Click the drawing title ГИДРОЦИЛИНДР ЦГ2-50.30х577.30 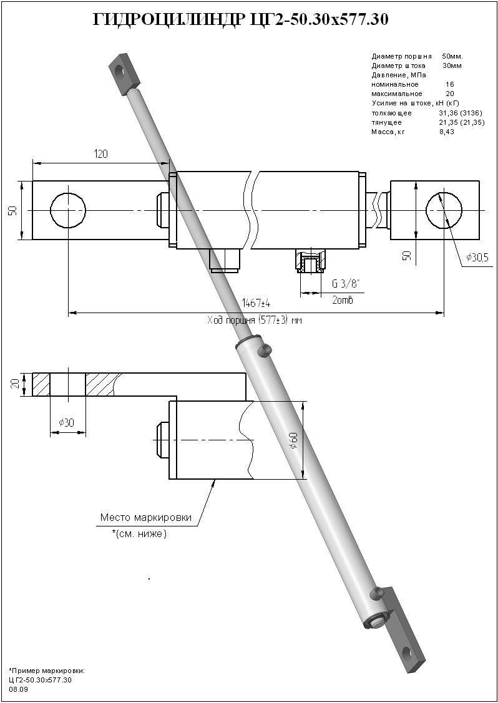point(241,20)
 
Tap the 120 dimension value point(99,153)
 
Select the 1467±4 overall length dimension point(256,303)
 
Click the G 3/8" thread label point(346,284)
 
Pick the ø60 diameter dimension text point(294,440)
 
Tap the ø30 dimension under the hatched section point(66,423)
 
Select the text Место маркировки point(145,518)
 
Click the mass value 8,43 point(446,132)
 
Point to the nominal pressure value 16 point(449,84)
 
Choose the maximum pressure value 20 point(449,94)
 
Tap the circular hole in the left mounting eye point(67,210)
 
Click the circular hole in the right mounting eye point(444,210)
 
